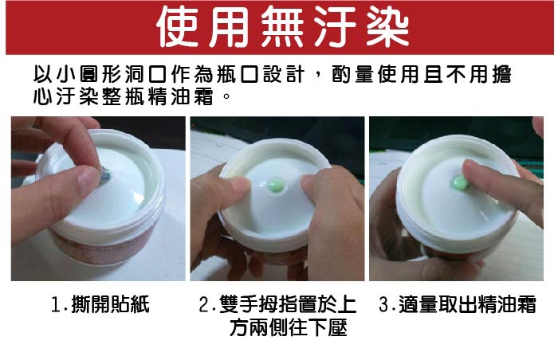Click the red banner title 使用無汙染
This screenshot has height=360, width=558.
tap(283, 27)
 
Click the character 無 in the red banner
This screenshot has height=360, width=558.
tap(283, 27)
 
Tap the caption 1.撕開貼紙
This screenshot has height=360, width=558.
tap(100, 304)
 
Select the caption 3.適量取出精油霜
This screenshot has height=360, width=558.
tap(458, 304)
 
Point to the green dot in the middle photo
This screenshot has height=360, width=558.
tap(276, 186)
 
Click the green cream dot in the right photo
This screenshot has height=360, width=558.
tap(460, 183)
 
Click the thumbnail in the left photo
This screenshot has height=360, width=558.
tap(88, 180)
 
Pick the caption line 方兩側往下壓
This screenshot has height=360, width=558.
tap(289, 327)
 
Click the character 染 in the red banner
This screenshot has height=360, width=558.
tap(387, 27)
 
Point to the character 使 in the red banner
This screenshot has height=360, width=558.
tap(178, 27)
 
